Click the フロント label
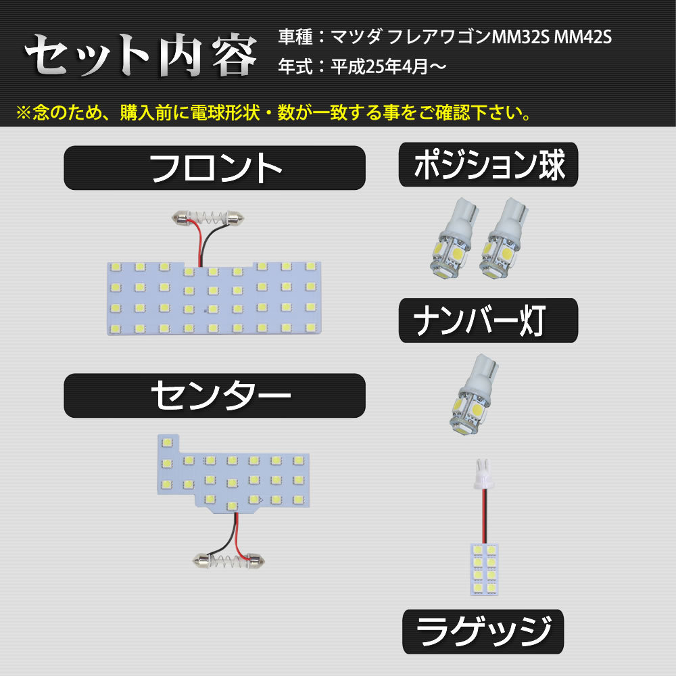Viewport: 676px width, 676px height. pyautogui.click(x=214, y=168)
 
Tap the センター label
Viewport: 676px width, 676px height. pyautogui.click(x=214, y=396)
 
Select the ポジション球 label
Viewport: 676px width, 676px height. pyautogui.click(x=488, y=165)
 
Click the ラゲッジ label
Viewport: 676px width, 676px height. pyautogui.click(x=483, y=633)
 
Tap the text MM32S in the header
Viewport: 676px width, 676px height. pyautogui.click(x=520, y=37)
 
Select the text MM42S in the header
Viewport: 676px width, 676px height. pyautogui.click(x=583, y=37)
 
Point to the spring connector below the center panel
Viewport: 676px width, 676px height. pyautogui.click(x=228, y=559)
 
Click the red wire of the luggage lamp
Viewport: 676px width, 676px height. pyautogui.click(x=483, y=514)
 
